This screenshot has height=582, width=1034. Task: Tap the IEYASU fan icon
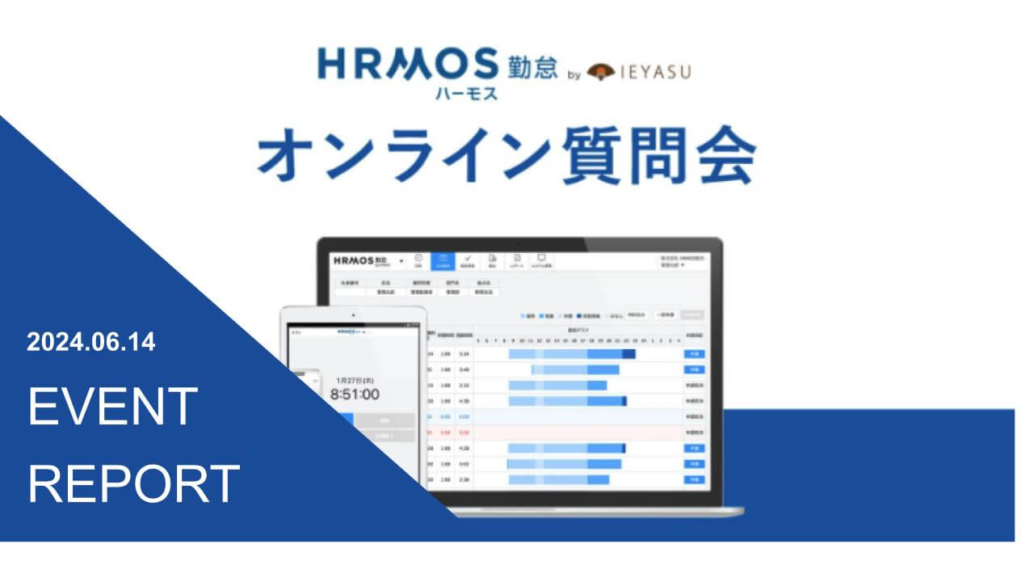point(605,73)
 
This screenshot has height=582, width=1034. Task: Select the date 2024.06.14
point(90,343)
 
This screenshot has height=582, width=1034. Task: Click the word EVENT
point(113,406)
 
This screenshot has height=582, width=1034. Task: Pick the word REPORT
point(134,483)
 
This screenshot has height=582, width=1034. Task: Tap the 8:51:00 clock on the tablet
point(355,394)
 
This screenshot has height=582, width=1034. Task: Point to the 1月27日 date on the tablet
point(355,378)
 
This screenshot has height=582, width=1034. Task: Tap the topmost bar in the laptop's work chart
point(572,354)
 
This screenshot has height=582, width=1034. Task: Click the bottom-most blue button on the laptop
point(693,479)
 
